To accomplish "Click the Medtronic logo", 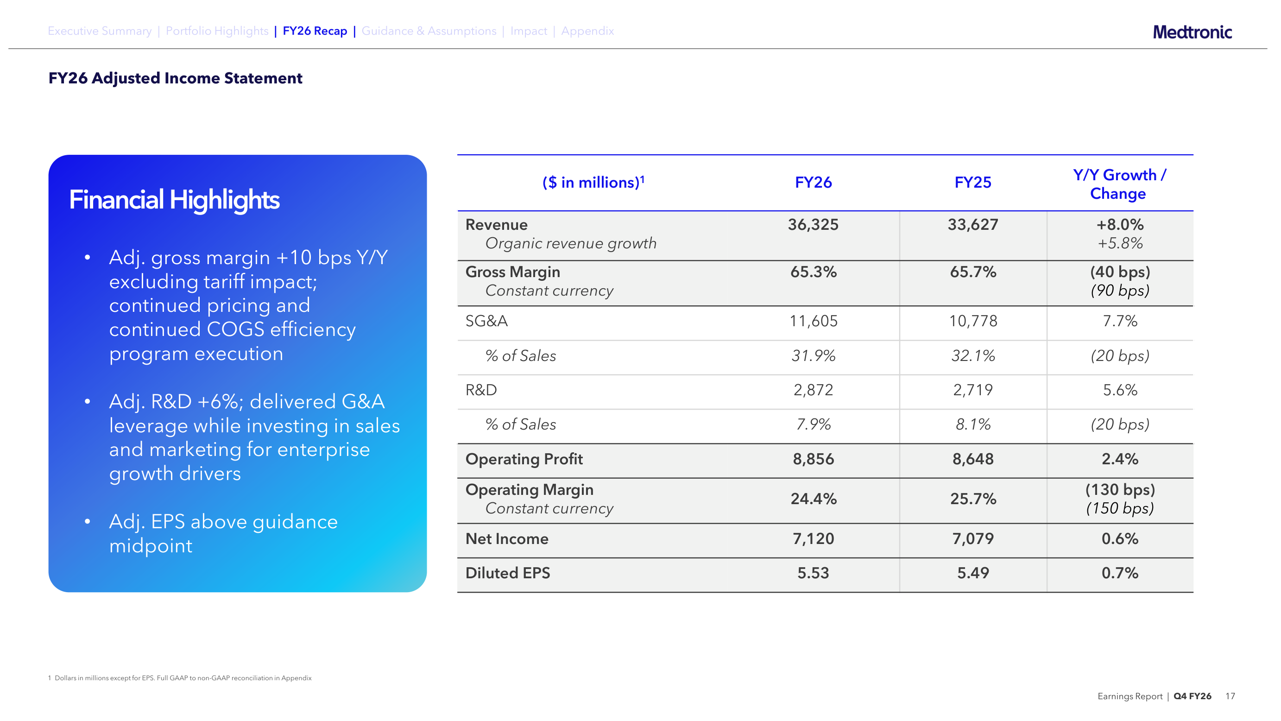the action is tap(1192, 32).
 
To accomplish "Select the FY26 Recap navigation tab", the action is tap(315, 31).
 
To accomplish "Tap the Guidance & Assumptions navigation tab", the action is tap(429, 31).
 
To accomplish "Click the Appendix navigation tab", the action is tap(587, 31).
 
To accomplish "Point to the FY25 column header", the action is tap(973, 183).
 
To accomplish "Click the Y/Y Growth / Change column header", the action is tap(1119, 184).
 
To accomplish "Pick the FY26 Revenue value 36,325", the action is tap(813, 225).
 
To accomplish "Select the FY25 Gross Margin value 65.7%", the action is tap(973, 272).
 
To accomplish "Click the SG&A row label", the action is tap(486, 321).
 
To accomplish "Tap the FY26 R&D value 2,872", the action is tap(813, 390).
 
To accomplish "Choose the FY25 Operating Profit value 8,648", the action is tap(973, 459).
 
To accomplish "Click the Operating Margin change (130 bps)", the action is tap(1120, 490).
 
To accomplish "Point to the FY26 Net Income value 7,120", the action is tap(813, 538).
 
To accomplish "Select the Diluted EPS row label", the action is tap(508, 573).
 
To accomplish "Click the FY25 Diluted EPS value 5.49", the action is tap(973, 573).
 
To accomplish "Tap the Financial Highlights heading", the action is tap(174, 200).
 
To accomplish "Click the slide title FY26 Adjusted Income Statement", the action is tap(175, 78).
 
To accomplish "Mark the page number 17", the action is tap(1230, 696).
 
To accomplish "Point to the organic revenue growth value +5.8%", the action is tap(1120, 243).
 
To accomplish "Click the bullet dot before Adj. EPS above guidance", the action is tap(88, 521).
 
